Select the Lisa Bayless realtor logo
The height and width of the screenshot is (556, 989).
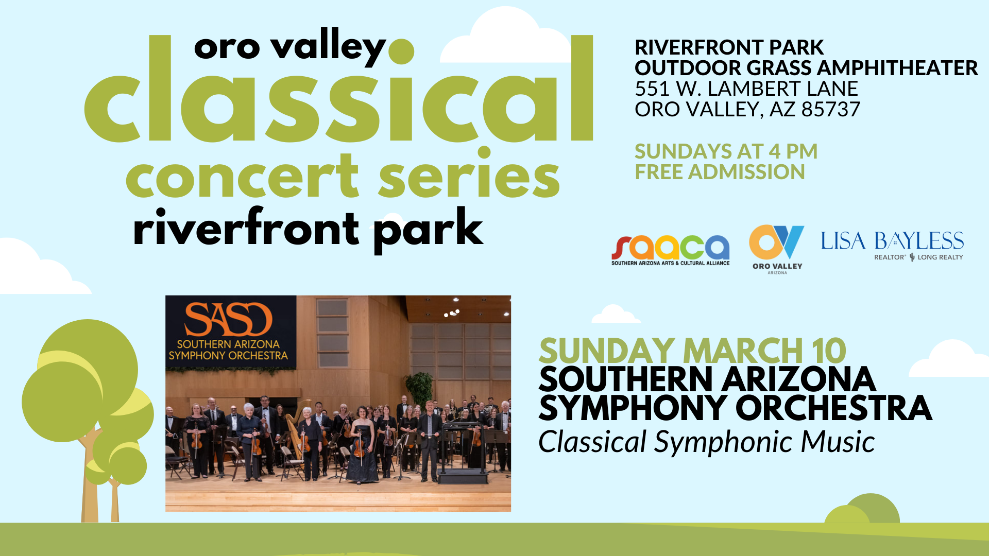click(x=892, y=246)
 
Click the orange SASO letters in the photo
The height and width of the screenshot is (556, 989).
click(x=228, y=319)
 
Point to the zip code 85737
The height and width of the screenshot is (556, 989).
click(x=830, y=109)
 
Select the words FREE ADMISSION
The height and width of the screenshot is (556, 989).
click(x=720, y=172)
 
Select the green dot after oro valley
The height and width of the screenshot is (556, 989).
click(x=401, y=51)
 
